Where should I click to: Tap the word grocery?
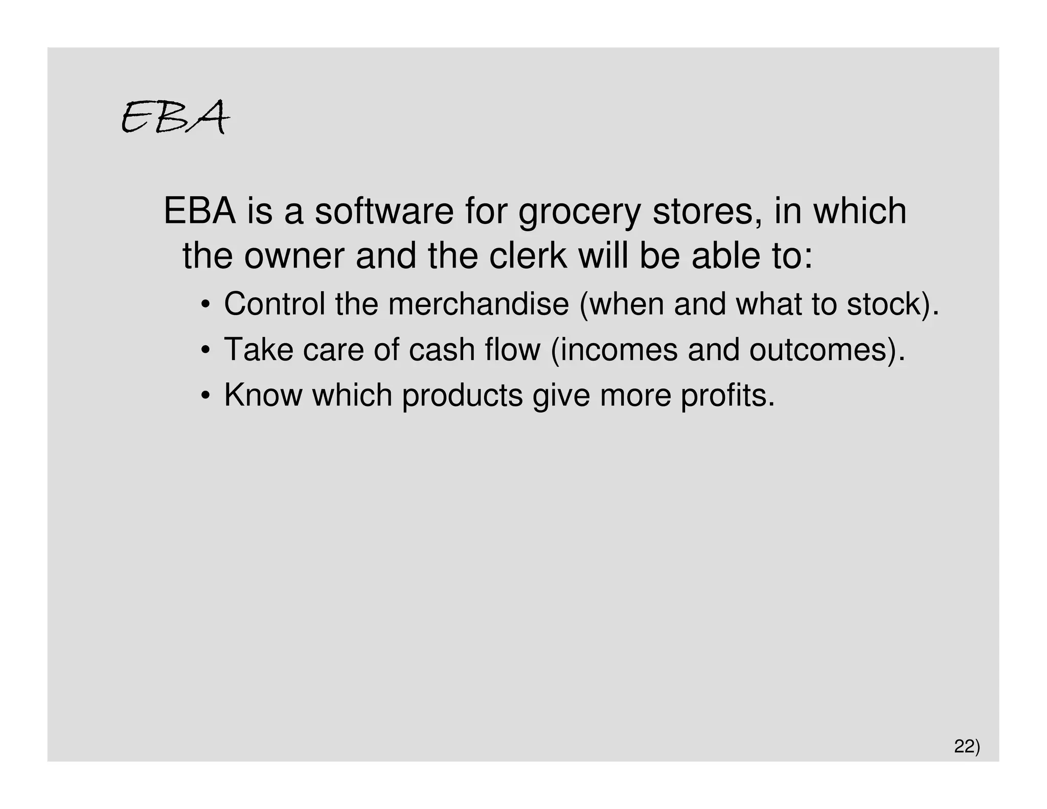(x=579, y=212)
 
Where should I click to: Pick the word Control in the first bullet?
(x=275, y=304)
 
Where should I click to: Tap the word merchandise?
(x=479, y=304)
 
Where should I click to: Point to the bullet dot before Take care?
(x=206, y=351)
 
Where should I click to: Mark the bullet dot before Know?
(x=206, y=396)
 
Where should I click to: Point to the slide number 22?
(x=965, y=747)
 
